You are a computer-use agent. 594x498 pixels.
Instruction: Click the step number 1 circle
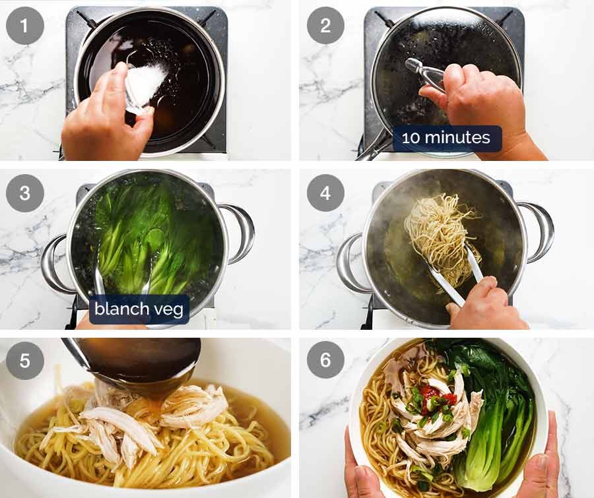pos(25,26)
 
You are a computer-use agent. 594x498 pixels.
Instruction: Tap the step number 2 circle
pos(325,26)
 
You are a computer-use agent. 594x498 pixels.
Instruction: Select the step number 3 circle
pos(25,193)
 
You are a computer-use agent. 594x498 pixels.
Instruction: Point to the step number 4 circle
pos(325,193)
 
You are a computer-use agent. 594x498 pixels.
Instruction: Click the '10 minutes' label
pos(447,139)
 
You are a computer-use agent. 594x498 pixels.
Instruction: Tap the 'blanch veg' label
pos(139,309)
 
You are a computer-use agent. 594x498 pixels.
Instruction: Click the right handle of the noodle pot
pos(539,231)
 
